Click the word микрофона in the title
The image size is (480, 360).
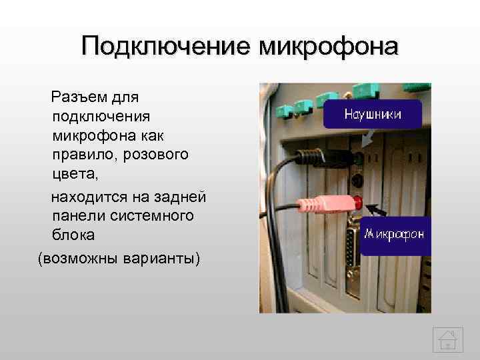point(328,47)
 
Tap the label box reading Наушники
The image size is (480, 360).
point(373,115)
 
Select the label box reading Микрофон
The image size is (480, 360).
point(393,236)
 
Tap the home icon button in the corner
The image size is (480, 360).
point(447,339)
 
